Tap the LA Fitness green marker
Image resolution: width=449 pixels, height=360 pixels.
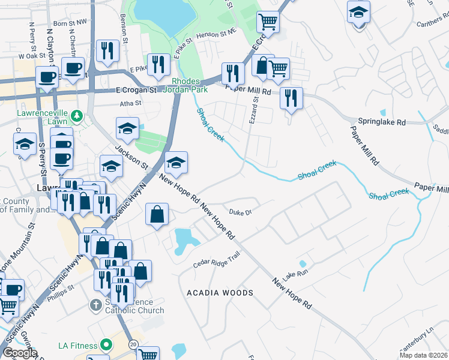106,345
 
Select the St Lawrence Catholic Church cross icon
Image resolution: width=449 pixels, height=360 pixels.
95,305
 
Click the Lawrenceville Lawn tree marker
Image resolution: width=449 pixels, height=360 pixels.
76,115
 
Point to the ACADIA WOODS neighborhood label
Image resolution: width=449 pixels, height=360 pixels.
220,293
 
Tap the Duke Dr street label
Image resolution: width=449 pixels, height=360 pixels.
240,212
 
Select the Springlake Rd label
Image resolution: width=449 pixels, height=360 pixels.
382,122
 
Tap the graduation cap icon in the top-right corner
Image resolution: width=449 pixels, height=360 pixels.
359,13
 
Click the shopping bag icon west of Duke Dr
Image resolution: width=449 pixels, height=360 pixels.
157,214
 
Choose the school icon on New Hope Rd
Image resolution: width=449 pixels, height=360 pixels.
176,163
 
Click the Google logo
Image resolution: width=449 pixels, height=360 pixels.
20,353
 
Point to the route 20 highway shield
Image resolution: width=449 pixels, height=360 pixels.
133,344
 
